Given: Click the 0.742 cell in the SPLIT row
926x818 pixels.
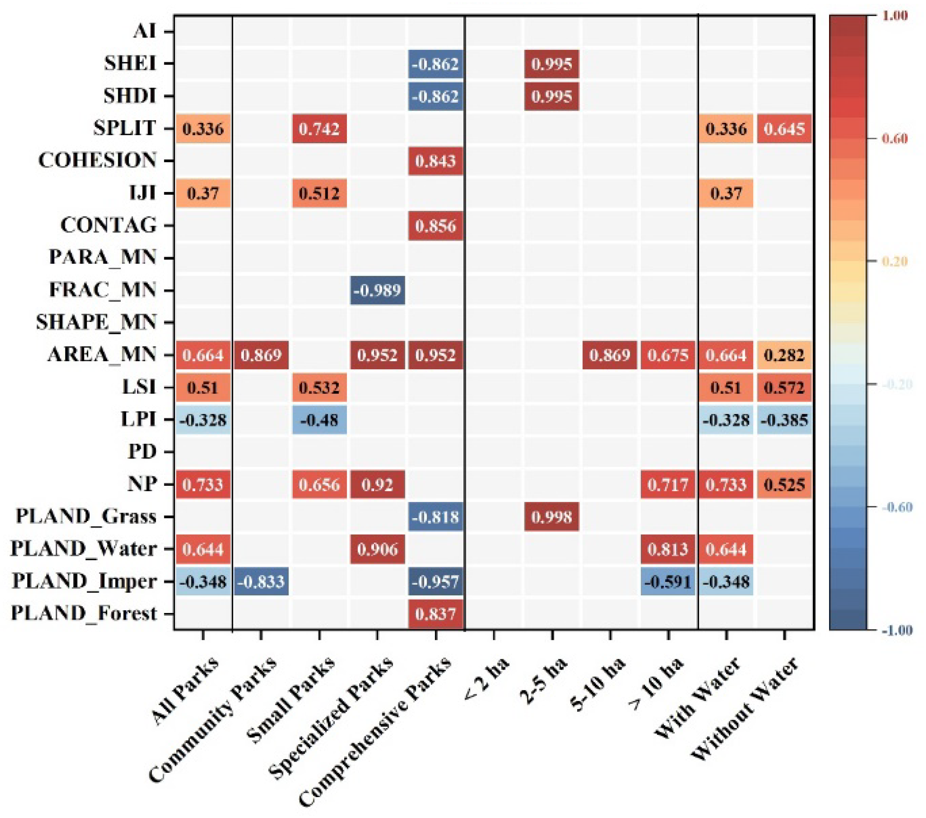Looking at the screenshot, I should (319, 129).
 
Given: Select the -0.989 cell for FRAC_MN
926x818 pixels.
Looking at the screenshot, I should (377, 290).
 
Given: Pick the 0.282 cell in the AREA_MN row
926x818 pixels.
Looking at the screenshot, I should (784, 355).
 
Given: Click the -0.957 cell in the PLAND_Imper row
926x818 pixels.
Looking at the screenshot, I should (435, 581).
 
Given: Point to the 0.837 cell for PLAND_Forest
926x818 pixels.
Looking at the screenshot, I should (435, 614).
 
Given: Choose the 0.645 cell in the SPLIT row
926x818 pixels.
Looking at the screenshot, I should (784, 129).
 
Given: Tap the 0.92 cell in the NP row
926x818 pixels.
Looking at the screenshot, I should (377, 485).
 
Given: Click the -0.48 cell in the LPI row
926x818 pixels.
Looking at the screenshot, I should (319, 420).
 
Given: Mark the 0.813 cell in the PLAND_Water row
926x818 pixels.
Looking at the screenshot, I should (668, 549).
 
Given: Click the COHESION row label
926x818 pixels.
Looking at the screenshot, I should (97, 160).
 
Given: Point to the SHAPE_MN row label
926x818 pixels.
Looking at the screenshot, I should (96, 322).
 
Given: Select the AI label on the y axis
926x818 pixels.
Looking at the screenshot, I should (144, 31).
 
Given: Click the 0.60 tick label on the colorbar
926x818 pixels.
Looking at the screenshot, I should (895, 138).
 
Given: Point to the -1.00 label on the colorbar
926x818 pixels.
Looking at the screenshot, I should (896, 630).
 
